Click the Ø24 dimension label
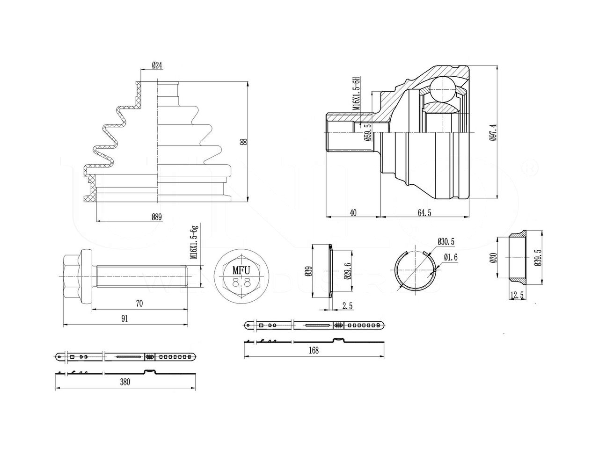(x=158, y=66)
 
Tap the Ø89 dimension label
(x=157, y=216)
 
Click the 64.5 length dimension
(x=424, y=213)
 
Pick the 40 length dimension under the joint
(x=353, y=213)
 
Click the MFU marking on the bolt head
(x=241, y=270)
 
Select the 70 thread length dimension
(x=139, y=304)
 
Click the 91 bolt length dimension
(x=124, y=319)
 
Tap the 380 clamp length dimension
(x=124, y=382)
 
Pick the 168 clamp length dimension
(x=314, y=351)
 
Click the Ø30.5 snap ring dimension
(x=446, y=241)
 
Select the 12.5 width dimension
(x=518, y=295)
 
